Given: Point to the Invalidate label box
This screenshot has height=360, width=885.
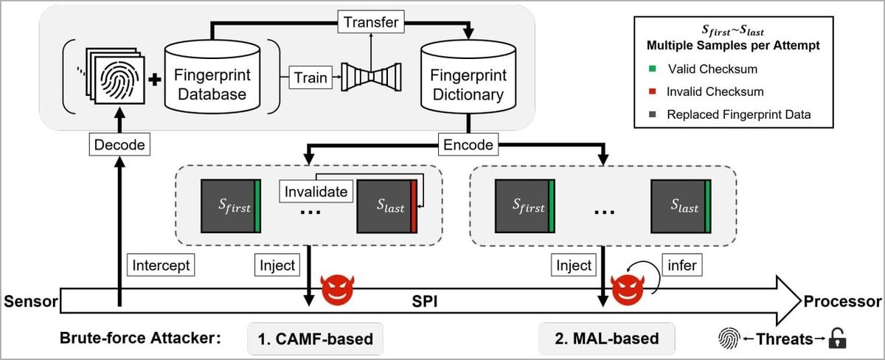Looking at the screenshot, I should (316, 192).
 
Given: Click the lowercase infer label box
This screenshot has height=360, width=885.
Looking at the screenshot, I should (682, 265).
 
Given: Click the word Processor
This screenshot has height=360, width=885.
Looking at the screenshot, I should (842, 302).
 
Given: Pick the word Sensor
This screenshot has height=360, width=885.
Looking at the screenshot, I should (27, 302).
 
